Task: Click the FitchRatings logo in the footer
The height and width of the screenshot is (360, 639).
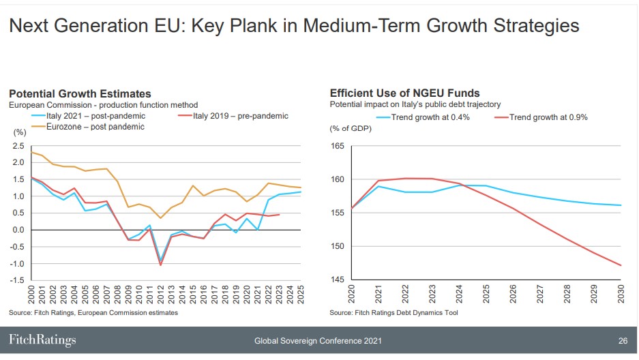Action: coord(42,340)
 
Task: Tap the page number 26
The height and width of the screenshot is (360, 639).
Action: coord(623,340)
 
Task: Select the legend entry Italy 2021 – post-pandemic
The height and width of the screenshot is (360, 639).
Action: coord(95,116)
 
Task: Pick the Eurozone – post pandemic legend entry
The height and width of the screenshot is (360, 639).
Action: coord(95,126)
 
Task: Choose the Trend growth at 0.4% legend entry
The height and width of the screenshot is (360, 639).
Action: coord(430,117)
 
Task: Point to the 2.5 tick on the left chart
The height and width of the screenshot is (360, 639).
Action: coord(18,146)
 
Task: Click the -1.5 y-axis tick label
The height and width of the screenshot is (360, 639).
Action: coord(17,280)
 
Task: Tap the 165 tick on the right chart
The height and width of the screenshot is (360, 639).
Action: coord(337,146)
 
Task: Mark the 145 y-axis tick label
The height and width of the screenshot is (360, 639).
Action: coord(337,280)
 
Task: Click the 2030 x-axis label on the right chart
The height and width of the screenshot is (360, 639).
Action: coord(621,295)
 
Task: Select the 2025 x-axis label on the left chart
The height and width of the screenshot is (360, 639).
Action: coord(300,295)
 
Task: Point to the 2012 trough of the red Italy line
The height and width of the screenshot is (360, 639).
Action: coord(161,265)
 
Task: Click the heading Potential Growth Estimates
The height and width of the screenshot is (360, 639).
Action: coord(80,93)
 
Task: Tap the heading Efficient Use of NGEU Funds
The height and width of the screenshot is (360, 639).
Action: coord(404,93)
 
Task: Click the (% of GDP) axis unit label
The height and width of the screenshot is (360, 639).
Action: coord(350,129)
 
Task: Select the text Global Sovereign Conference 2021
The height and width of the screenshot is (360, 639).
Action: coord(318,340)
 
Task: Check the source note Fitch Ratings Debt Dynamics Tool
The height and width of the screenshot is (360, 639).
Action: coord(393,312)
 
